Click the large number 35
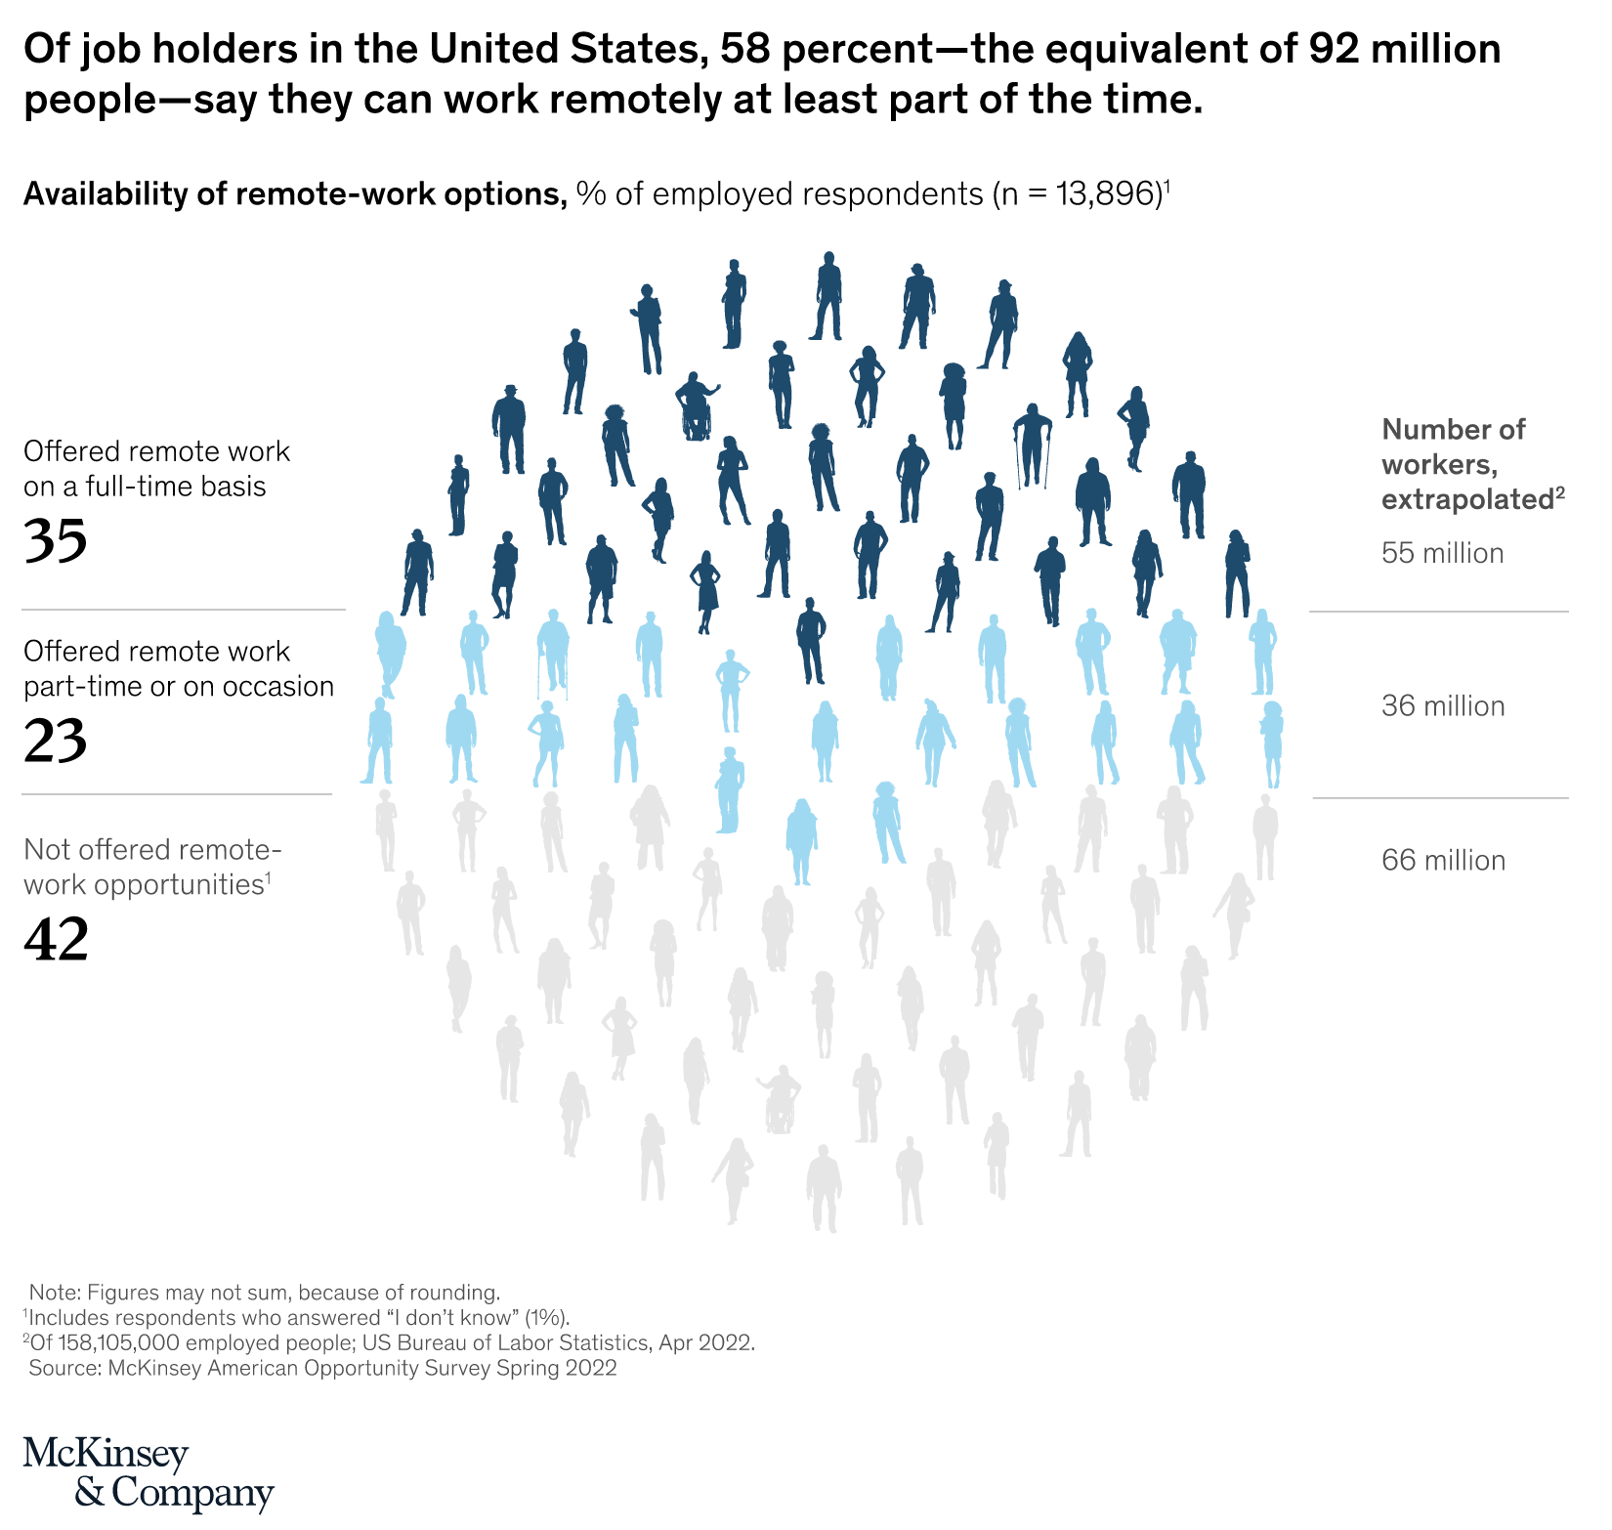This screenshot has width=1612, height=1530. [56, 540]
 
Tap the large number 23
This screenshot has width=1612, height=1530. [56, 741]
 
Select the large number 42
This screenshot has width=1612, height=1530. [56, 939]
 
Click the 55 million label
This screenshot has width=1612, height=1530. [1442, 554]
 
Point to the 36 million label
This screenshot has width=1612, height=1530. [1443, 706]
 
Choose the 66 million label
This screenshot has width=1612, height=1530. [1443, 861]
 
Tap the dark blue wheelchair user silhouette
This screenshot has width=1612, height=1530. [697, 405]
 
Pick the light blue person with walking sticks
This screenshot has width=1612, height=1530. [553, 653]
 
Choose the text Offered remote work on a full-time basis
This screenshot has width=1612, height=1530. [156, 469]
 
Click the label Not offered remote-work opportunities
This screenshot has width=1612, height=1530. [152, 868]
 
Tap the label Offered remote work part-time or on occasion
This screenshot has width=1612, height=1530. [178, 669]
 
